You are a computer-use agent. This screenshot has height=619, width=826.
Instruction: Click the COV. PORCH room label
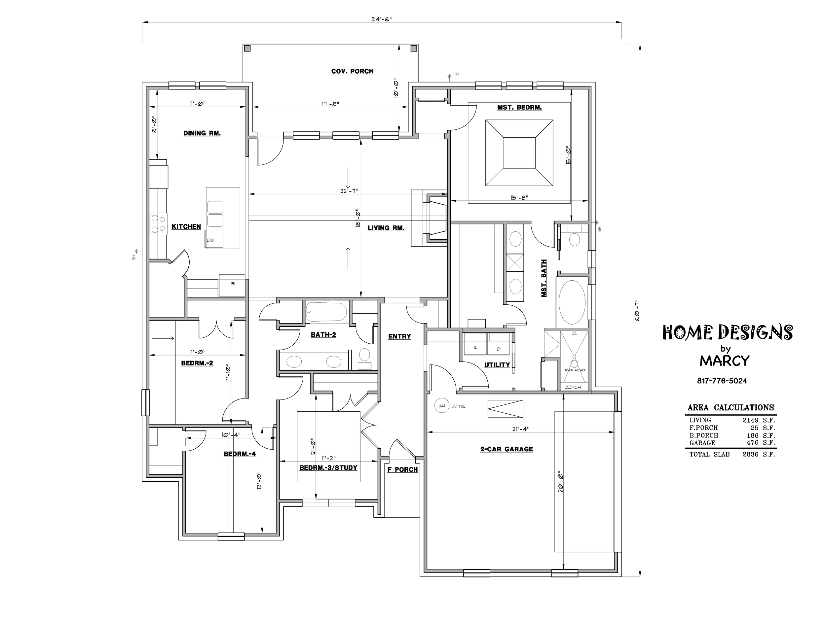[352, 71]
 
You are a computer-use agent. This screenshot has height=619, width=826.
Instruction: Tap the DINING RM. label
[202, 133]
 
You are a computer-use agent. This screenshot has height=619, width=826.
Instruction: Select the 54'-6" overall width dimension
[382, 19]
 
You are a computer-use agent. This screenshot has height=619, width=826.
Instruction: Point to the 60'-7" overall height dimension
[637, 310]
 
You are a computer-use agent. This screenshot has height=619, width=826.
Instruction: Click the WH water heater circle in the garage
[442, 406]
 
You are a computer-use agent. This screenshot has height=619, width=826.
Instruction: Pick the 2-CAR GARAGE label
[507, 449]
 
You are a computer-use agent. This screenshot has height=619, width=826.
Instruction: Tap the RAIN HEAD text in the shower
[575, 370]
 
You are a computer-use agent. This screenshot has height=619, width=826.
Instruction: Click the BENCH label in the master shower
[573, 387]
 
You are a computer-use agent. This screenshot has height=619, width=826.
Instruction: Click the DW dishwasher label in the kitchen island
[210, 240]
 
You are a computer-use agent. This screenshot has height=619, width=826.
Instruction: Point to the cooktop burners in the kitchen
[158, 224]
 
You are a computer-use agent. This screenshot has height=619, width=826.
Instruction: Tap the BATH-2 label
[323, 335]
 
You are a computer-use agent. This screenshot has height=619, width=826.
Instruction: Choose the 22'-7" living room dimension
[349, 191]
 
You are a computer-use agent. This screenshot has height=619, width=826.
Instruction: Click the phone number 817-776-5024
[722, 381]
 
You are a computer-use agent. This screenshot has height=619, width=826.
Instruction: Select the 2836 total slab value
[751, 455]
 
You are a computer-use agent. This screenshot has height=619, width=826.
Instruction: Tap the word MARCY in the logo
[725, 361]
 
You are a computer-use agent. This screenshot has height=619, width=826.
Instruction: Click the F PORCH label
[402, 469]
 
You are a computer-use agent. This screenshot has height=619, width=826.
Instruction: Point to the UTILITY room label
[497, 365]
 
